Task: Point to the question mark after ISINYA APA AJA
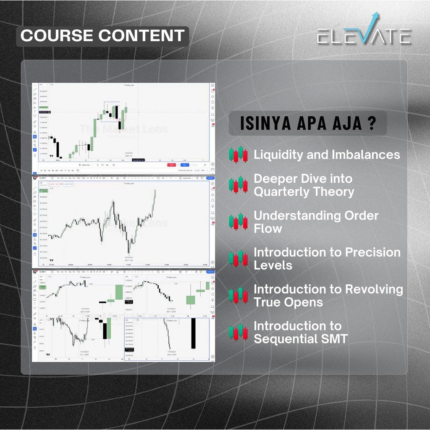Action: tap(371, 124)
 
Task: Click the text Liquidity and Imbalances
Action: tap(327, 155)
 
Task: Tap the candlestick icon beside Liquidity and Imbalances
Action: tap(238, 155)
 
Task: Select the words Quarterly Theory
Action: tap(304, 192)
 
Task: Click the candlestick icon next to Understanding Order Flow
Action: tap(238, 222)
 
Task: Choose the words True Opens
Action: tap(288, 302)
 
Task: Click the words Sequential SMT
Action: tap(301, 339)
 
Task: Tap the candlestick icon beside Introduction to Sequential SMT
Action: tap(238, 332)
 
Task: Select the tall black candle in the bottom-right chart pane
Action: tap(193, 333)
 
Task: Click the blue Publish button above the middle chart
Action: tap(210, 178)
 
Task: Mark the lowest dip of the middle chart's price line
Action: tap(129, 253)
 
